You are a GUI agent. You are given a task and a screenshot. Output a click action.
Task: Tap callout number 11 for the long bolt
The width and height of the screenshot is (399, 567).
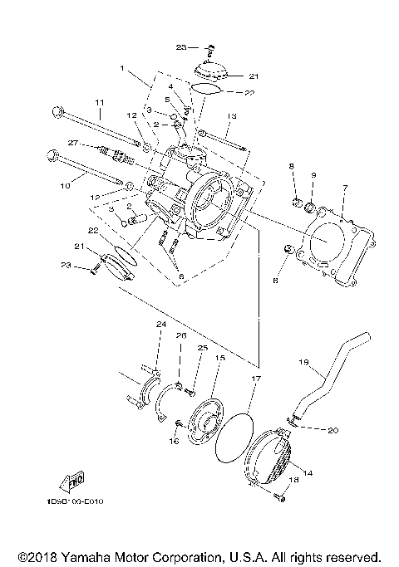tap(99, 103)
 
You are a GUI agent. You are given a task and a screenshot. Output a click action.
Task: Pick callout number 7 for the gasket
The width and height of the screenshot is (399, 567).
tap(345, 188)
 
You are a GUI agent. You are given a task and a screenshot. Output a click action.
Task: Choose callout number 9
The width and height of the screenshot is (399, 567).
tap(313, 175)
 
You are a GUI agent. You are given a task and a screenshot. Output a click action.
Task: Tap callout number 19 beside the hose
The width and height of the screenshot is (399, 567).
tap(303, 362)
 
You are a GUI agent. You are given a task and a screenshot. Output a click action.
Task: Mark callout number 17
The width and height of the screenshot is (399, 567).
tap(256, 378)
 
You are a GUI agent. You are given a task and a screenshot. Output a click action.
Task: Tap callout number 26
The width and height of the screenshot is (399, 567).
tap(180, 335)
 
